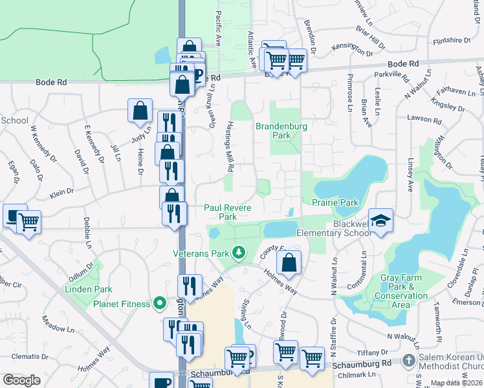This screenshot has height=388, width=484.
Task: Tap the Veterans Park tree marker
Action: [x=239, y=252]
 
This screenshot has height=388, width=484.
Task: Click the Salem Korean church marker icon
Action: [x=408, y=360]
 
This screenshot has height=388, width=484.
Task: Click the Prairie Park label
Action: [x=335, y=202]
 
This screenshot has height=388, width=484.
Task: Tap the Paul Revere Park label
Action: [x=228, y=212]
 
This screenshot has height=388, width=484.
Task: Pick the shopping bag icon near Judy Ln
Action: [x=140, y=111]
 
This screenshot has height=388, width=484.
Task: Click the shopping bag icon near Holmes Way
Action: [x=289, y=263]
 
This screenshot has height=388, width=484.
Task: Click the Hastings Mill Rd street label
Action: [x=230, y=147]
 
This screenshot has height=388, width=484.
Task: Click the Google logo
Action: [x=21, y=380]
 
